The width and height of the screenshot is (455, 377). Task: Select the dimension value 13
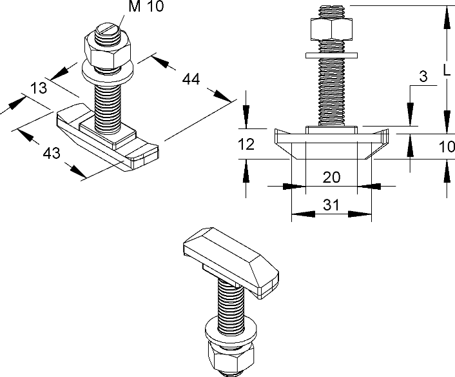[39, 89]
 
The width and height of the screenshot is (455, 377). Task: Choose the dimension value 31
[331, 205]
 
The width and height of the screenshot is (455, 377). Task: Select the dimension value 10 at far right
[447, 147]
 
